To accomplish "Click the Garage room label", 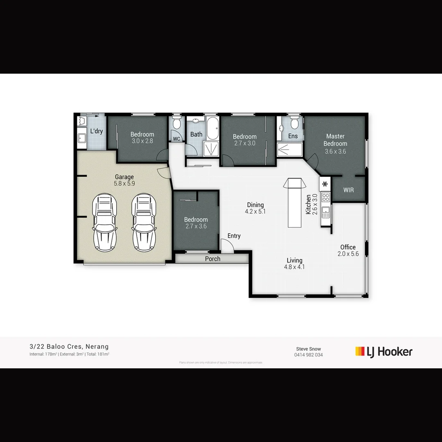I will (124, 177).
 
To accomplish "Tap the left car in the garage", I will (105, 222).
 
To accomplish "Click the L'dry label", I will (96, 131).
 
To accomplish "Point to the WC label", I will (176, 139).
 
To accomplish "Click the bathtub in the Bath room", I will (212, 129).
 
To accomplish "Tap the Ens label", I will (293, 136).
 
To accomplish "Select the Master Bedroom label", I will (335, 140).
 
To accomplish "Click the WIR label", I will (348, 190).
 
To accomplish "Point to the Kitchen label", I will (309, 204).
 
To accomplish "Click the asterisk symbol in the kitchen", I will (325, 184).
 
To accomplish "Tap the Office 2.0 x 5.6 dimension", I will (348, 254).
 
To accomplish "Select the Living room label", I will (294, 260).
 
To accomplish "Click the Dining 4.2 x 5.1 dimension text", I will (255, 212).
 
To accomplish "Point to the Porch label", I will (212, 259).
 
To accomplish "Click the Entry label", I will (234, 236).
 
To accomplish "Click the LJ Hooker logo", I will (383, 352).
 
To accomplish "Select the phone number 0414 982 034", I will (308, 355).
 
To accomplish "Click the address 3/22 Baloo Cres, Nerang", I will (69, 347).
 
